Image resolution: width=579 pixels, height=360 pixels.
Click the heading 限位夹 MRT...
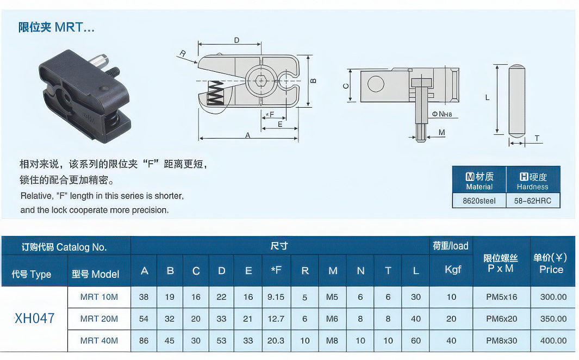coord(57,27)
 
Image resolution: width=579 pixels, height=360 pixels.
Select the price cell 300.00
coord(553,297)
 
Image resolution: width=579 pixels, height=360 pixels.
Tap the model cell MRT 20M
coord(99,319)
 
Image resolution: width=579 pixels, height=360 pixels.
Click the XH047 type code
coord(34,318)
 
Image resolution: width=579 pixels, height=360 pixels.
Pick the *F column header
coord(276,270)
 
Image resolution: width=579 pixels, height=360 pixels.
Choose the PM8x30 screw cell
coord(502,340)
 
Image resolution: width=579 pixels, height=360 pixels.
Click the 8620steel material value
coord(479,201)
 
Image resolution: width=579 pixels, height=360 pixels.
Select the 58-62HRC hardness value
coord(533,201)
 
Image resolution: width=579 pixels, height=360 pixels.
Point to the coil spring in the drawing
coord(216,94)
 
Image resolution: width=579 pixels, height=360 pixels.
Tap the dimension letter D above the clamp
coord(236,40)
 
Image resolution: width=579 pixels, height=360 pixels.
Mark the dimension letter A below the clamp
coord(248,136)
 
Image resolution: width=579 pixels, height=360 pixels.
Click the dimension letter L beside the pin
coord(487,98)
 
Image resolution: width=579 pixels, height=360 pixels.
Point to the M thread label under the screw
coord(441,133)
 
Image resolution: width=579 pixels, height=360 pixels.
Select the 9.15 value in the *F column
coord(276,297)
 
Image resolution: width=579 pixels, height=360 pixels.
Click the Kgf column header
coord(452,269)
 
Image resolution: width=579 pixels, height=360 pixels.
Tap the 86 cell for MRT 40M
coord(144,340)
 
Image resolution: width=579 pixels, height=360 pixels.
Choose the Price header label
coord(551,269)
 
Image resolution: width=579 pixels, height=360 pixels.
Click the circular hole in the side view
coord(375,84)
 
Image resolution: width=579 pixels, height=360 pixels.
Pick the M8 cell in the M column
coord(332,340)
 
